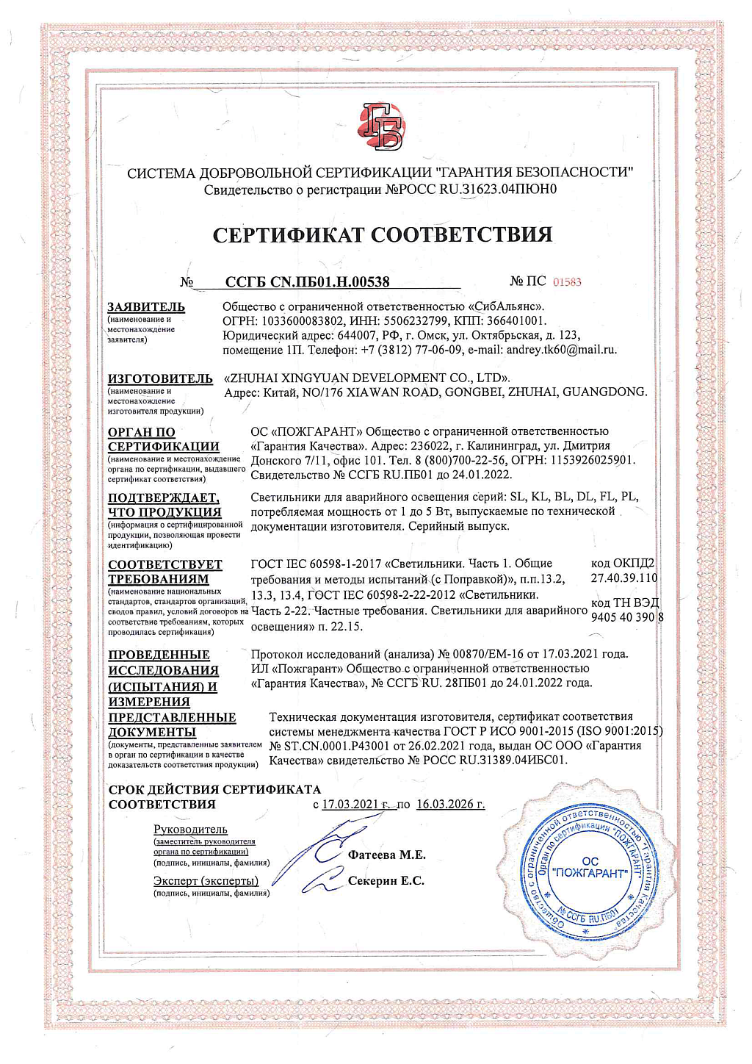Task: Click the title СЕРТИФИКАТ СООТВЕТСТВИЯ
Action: click(x=382, y=234)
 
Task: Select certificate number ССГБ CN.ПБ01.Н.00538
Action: click(x=307, y=281)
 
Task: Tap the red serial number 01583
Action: click(x=566, y=282)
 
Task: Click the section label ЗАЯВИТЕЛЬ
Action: click(x=146, y=306)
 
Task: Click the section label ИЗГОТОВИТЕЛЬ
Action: click(x=160, y=378)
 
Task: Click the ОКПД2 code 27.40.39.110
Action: click(x=624, y=578)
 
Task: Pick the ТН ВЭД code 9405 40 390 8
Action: click(x=626, y=617)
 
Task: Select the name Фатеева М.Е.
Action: click(x=387, y=855)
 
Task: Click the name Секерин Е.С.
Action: click(x=386, y=880)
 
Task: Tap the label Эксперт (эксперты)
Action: click(x=206, y=880)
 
